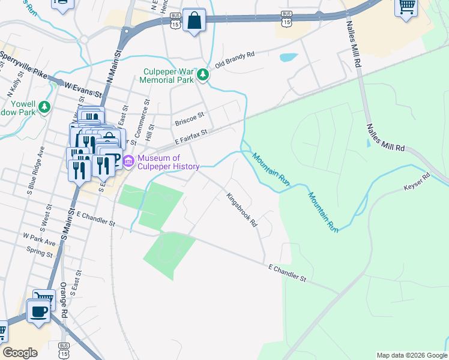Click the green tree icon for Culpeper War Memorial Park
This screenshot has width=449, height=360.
203,74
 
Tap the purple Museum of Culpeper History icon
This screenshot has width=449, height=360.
128,161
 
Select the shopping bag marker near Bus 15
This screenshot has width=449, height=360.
194,21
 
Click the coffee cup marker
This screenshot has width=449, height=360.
39,311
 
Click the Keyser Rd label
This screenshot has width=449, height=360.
418,182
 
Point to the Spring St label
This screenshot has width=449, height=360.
40,252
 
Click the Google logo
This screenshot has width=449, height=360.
20,353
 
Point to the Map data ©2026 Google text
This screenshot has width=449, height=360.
411,355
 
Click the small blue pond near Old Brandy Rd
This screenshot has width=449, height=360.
289,58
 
